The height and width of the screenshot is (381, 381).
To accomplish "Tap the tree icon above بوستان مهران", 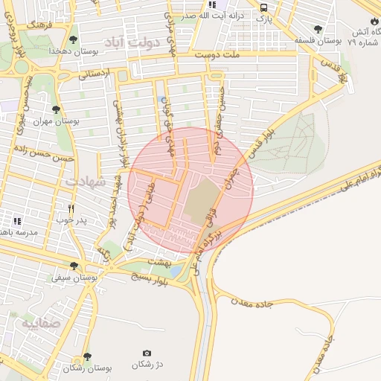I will [x=57, y=109].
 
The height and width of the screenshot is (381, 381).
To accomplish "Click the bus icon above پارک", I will [x=263, y=7].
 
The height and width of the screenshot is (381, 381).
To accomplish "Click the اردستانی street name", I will [x=93, y=73].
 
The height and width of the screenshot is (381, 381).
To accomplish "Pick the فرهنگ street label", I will [x=36, y=25].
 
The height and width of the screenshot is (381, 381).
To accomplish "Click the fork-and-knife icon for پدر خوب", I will [x=71, y=209].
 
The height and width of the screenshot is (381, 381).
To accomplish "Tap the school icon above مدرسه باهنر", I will [x=17, y=221].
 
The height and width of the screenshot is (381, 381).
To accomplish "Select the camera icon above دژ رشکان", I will [x=146, y=353].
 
